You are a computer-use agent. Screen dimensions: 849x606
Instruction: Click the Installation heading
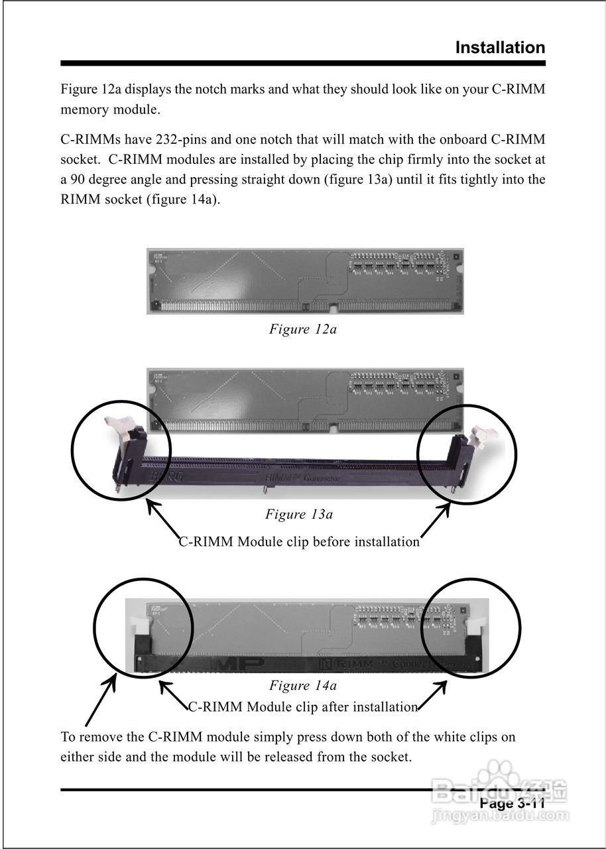pyautogui.click(x=500, y=48)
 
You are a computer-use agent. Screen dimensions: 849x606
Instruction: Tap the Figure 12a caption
pyautogui.click(x=302, y=329)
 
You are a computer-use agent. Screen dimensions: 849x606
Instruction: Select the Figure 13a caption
pyautogui.click(x=299, y=514)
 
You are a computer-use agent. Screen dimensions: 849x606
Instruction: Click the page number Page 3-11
pyautogui.click(x=512, y=804)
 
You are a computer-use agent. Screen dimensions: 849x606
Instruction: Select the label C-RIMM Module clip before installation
pyautogui.click(x=299, y=542)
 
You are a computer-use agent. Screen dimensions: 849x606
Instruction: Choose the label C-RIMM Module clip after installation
pyautogui.click(x=303, y=707)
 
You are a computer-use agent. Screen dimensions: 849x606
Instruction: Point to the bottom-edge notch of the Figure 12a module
pyautogui.click(x=332, y=307)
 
